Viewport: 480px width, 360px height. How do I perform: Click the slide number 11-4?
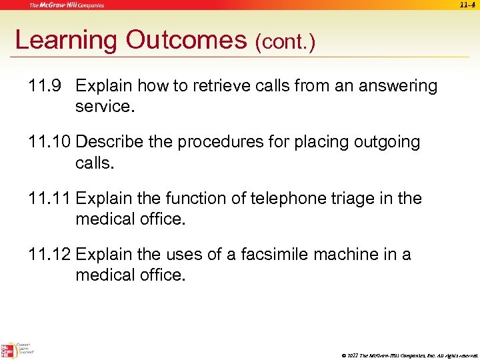point(467,5)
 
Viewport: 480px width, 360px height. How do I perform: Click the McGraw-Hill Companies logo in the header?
point(66,5)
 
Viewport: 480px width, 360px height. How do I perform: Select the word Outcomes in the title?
point(185,41)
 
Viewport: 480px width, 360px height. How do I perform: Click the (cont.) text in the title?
point(285,43)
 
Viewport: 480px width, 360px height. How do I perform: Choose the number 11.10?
point(51,142)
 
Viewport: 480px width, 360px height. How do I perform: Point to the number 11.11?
point(50,198)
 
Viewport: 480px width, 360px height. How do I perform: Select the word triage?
point(341,198)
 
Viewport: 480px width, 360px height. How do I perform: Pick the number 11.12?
point(51,254)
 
